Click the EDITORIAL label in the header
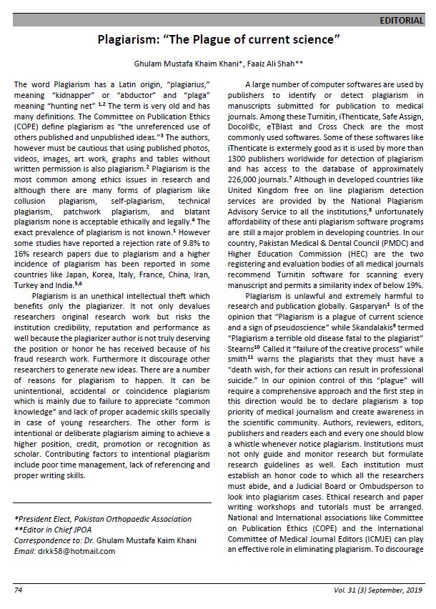402,21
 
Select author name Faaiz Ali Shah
254,64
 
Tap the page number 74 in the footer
18,590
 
